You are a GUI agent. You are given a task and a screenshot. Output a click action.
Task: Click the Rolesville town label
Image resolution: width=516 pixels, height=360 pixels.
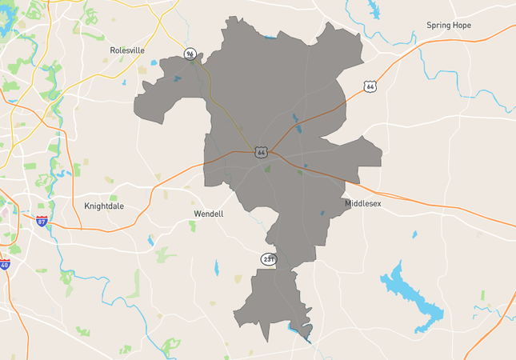tap(127, 50)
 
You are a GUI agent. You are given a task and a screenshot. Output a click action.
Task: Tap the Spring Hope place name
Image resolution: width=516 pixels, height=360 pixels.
tap(449, 25)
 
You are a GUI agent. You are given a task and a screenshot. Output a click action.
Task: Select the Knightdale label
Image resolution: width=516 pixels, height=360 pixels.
tap(104, 206)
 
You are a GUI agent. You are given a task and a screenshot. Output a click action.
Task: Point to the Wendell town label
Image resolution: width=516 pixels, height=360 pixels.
tap(209, 214)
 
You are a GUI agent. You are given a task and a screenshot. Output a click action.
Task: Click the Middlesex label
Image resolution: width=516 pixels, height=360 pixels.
tap(363, 203)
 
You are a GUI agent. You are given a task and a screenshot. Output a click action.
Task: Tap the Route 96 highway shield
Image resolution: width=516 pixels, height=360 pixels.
tap(190, 54)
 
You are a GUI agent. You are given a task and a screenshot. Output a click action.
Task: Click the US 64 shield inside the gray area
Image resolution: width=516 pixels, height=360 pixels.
tap(261, 151)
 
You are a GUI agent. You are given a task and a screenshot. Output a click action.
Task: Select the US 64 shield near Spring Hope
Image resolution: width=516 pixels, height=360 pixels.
tap(369, 86)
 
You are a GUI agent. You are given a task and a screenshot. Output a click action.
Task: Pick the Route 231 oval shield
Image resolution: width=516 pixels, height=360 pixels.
tap(269, 259)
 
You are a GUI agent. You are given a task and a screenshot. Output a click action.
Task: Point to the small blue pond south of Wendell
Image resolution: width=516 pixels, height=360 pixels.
tap(216, 267)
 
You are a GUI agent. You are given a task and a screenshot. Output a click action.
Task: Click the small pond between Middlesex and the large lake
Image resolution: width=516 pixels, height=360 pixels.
tap(414, 234)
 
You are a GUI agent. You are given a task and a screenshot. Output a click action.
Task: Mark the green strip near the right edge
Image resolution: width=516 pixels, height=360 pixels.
tap(482, 295)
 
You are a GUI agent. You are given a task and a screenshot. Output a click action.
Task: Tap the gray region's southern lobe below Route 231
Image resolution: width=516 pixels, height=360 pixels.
tap(268, 300)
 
